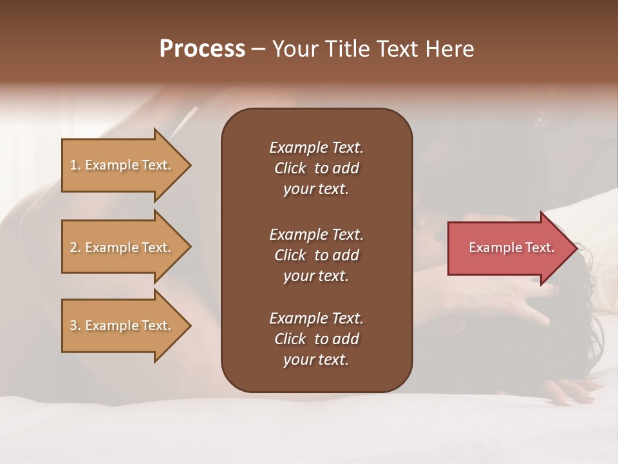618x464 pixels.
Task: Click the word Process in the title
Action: [202, 49]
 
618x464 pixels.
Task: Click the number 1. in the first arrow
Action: [75, 165]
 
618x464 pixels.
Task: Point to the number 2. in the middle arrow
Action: [75, 247]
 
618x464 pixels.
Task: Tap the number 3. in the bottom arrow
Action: [75, 325]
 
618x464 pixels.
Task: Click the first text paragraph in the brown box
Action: [316, 168]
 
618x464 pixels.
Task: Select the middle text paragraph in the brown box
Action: [316, 255]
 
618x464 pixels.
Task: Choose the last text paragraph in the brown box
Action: [316, 339]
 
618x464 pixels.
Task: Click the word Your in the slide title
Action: [293, 49]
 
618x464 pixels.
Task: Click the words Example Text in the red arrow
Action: [512, 247]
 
